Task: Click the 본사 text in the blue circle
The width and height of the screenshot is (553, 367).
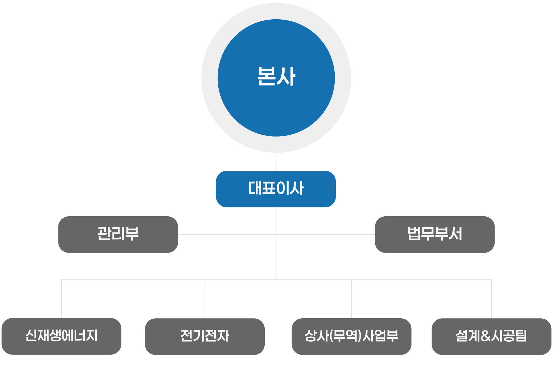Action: point(276,77)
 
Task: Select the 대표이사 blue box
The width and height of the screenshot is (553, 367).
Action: point(276,189)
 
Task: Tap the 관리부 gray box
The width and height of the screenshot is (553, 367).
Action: point(118,234)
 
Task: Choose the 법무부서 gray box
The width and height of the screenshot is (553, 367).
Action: point(434,234)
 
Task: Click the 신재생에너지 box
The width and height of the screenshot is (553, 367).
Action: point(61,336)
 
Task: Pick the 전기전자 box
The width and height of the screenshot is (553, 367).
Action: point(204,336)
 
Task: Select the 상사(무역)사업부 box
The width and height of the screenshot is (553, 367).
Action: point(351,336)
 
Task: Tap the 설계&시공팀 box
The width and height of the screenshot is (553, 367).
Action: point(491,336)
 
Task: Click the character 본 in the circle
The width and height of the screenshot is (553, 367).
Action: point(266,77)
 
